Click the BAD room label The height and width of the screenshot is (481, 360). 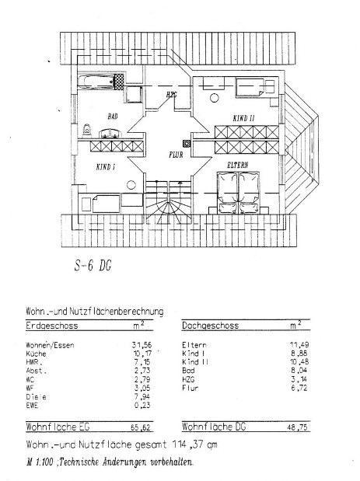(x=113, y=117)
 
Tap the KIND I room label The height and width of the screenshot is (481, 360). (x=106, y=167)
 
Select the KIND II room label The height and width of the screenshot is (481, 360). (x=243, y=118)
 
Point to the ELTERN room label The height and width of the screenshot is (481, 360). (x=238, y=165)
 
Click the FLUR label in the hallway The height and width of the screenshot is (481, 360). (x=176, y=155)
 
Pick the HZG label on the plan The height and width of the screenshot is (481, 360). (x=172, y=95)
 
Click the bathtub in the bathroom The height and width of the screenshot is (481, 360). (x=96, y=82)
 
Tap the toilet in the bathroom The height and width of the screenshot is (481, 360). (x=87, y=130)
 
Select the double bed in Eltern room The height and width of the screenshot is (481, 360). (x=238, y=193)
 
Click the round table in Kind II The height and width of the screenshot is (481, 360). (x=215, y=98)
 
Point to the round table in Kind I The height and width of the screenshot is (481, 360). (x=131, y=185)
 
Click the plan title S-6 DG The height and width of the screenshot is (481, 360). (x=93, y=265)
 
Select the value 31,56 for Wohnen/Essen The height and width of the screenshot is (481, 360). (x=142, y=345)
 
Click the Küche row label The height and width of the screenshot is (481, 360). (x=36, y=354)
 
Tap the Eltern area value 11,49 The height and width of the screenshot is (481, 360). (x=299, y=345)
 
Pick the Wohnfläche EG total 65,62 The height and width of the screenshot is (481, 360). (x=141, y=427)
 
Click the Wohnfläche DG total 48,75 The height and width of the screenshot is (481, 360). (x=297, y=427)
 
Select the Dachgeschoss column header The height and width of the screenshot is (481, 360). (x=210, y=326)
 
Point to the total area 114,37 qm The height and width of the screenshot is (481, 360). (x=194, y=444)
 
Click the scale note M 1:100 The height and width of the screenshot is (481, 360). (x=40, y=462)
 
